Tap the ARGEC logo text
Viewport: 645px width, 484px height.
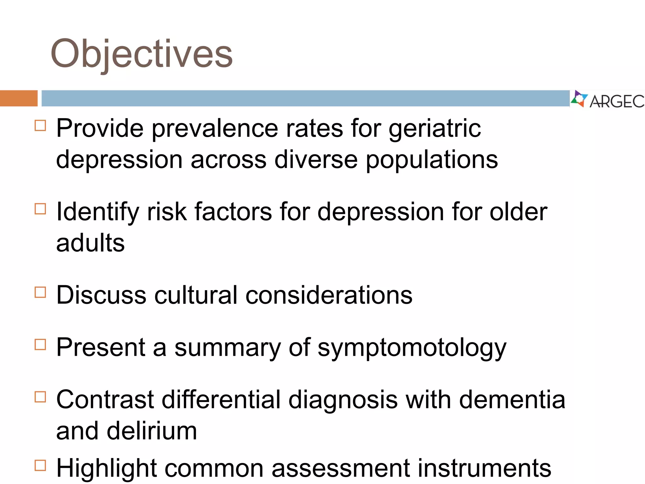(617, 101)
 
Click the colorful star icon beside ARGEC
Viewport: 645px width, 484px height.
(579, 99)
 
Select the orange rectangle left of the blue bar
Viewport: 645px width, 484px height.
(19, 98)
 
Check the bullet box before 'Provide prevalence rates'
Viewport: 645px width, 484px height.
(40, 125)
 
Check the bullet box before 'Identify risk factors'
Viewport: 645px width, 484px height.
(40, 209)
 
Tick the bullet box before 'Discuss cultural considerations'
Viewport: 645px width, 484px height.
(40, 292)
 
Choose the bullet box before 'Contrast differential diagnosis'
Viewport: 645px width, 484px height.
(40, 397)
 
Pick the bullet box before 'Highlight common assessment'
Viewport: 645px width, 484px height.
(40, 465)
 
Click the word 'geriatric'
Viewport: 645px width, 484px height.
(435, 129)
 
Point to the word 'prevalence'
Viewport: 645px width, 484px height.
(215, 129)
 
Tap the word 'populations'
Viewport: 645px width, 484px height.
(431, 160)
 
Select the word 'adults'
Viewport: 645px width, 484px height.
(90, 243)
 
